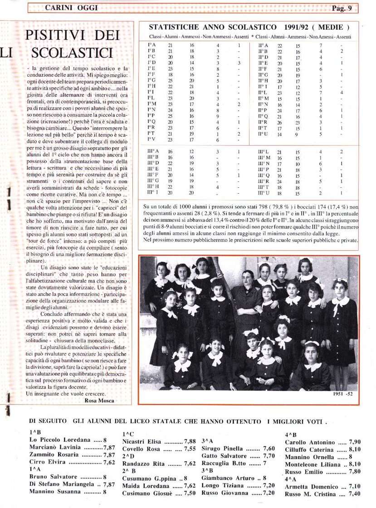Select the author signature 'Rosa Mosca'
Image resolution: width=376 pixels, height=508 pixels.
tap(99, 401)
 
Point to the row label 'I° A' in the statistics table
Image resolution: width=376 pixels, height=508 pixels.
tap(152, 45)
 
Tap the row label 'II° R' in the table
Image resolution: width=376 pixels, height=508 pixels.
tap(263, 122)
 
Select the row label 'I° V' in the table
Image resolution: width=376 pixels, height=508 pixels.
tap(152, 140)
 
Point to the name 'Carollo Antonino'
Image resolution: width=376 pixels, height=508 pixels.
tap(310, 442)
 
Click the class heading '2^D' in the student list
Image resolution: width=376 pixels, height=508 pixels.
tap(128, 456)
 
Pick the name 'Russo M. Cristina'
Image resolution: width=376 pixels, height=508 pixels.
tap(310, 493)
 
